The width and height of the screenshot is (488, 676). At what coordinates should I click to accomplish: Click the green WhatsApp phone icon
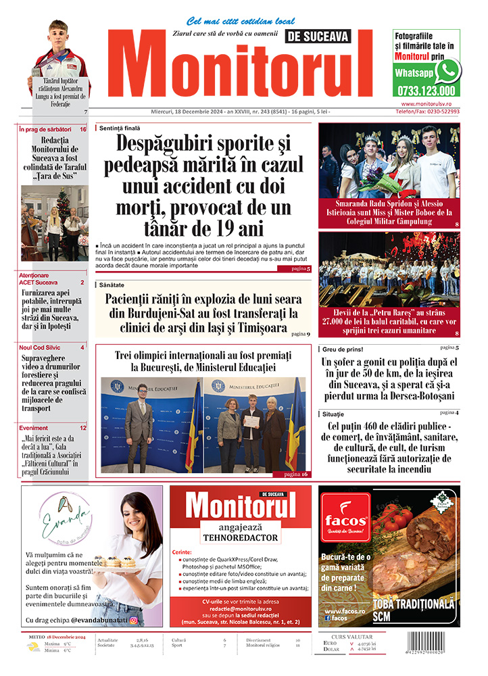[447, 71]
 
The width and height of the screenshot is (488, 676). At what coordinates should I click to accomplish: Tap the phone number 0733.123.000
[426, 91]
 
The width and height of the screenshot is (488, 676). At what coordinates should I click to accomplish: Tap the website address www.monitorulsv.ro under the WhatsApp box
[431, 104]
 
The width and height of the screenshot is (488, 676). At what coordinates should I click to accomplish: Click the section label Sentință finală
[120, 127]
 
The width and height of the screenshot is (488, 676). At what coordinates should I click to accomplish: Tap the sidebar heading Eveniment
[34, 428]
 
